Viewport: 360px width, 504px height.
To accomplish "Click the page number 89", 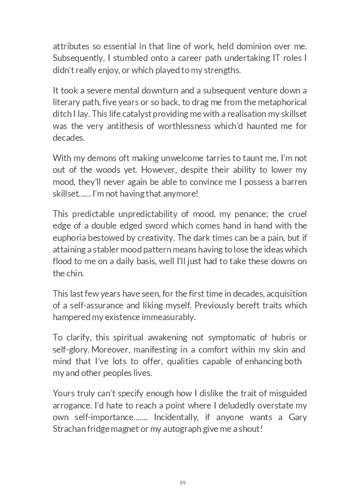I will [183, 483].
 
